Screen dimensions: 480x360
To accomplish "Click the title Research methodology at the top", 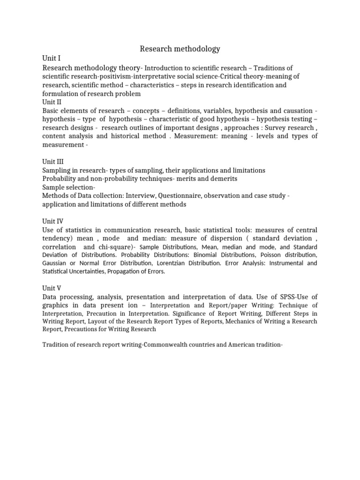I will coord(180,49).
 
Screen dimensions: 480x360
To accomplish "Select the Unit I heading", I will coord(52,59).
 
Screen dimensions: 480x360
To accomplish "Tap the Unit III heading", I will coord(53,161).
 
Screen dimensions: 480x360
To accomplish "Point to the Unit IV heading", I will coord(53,221).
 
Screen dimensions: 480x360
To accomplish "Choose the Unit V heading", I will coord(52,288).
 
